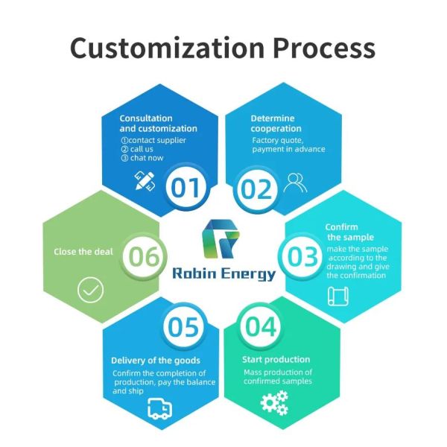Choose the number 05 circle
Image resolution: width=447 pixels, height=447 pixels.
click(x=183, y=327)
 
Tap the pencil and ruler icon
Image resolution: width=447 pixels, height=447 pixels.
click(x=144, y=181)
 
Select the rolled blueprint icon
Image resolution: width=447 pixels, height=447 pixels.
click(x=338, y=296)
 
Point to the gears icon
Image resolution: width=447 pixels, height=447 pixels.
click(x=273, y=404)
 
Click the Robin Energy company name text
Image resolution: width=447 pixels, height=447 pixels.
click(x=223, y=273)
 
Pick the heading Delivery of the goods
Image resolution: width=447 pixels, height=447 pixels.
click(x=155, y=361)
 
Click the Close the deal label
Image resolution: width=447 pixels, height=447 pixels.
click(x=83, y=252)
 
